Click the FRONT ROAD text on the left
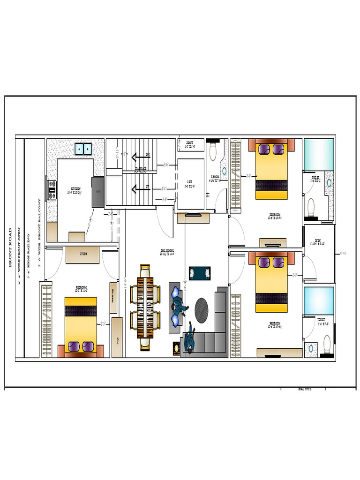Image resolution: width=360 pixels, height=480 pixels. coord(10,247)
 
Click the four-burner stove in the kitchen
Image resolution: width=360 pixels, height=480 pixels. coord(52,190)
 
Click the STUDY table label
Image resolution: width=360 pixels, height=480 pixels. coord(82,255)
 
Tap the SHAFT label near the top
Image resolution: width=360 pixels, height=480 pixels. coord(190,143)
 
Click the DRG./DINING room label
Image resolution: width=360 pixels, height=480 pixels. coord(166,253)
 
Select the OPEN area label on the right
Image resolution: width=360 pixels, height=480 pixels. coord(318,242)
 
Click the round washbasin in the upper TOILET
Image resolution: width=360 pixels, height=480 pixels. coord(329,182)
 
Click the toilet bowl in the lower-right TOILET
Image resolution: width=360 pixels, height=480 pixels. coord(328,340)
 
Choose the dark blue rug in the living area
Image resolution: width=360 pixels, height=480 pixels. coord(196,273)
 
